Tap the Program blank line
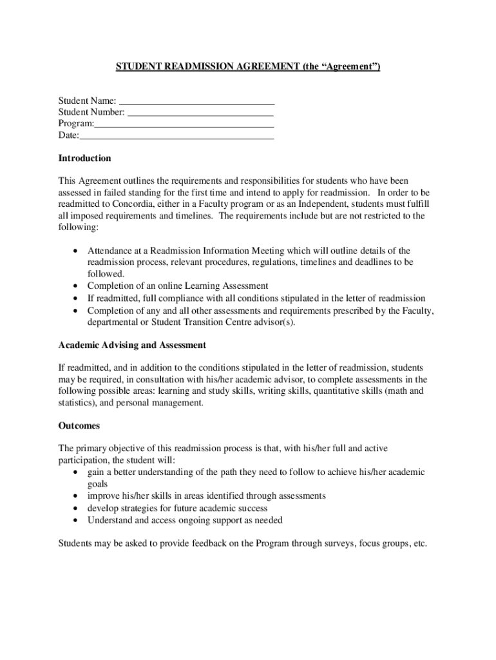(x=184, y=126)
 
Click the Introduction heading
(x=84, y=159)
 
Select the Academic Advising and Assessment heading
(x=132, y=345)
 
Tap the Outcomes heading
(x=79, y=426)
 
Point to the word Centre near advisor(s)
(x=229, y=322)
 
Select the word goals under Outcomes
(x=98, y=484)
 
